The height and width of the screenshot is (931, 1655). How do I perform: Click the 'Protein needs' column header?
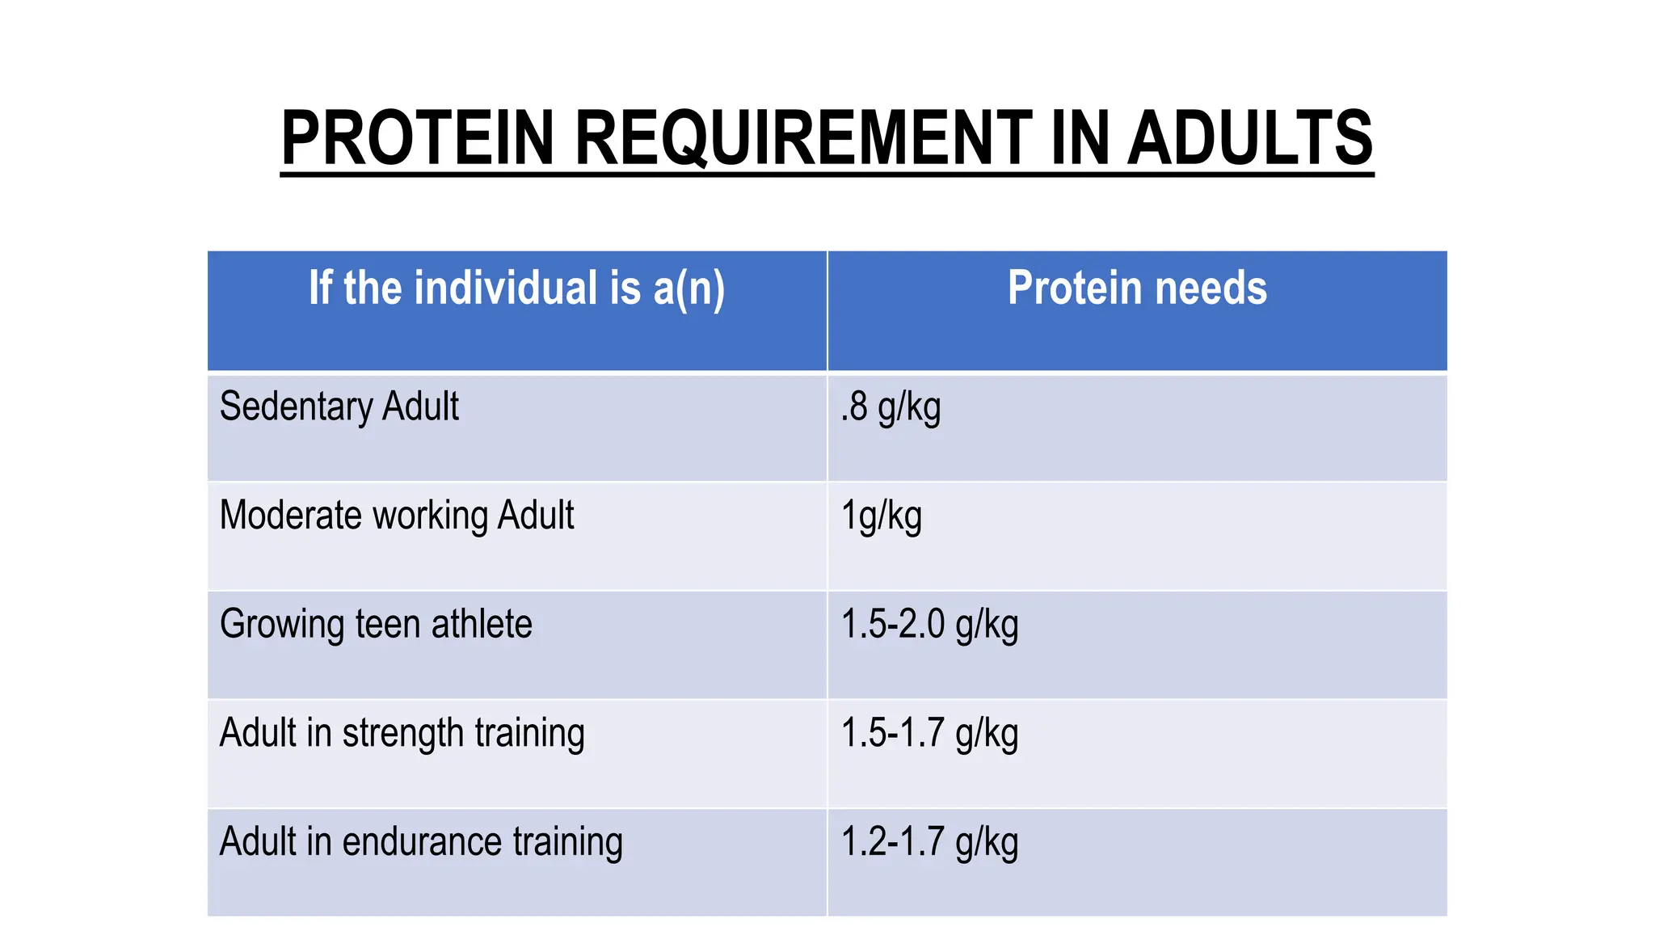pyautogui.click(x=1137, y=289)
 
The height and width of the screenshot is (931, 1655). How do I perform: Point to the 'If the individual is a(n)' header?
pyautogui.click(x=516, y=289)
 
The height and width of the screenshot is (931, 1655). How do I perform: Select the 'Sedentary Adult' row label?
pyautogui.click(x=339, y=407)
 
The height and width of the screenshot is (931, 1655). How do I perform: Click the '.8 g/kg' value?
pyautogui.click(x=891, y=407)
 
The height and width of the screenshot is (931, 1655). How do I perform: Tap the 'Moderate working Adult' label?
pyautogui.click(x=397, y=516)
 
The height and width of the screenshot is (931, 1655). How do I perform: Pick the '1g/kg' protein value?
pyautogui.click(x=881, y=516)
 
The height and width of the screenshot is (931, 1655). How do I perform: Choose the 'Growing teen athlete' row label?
pyautogui.click(x=376, y=625)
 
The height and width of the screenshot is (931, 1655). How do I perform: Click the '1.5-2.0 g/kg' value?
pyautogui.click(x=929, y=625)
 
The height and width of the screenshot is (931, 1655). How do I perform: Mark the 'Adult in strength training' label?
pyautogui.click(x=402, y=734)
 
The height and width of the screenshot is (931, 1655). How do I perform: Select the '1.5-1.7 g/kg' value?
pyautogui.click(x=929, y=734)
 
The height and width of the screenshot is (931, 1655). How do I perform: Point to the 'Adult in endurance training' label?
pyautogui.click(x=421, y=842)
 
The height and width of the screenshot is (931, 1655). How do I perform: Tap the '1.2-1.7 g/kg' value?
pyautogui.click(x=929, y=842)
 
